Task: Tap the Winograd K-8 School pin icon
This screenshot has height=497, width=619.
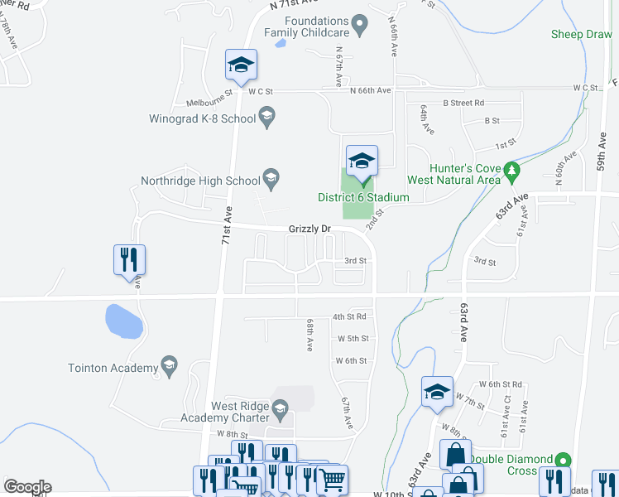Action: point(266,119)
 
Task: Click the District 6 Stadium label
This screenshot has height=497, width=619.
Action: point(363,197)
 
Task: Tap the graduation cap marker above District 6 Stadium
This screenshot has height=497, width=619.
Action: point(362,162)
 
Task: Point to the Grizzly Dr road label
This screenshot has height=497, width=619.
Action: point(309,229)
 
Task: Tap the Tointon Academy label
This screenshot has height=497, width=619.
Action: point(113,368)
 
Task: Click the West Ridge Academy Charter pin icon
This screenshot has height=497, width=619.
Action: point(280,408)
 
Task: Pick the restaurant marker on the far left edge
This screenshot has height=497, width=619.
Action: point(129,260)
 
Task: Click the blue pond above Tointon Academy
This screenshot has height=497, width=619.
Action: point(122,321)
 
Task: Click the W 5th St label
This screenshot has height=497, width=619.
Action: point(352,339)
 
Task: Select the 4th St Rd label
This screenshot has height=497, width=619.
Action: point(349,317)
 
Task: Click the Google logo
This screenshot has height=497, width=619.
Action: point(27,487)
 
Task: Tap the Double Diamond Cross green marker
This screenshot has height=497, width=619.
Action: point(563,459)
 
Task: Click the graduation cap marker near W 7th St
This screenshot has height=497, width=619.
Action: point(437,393)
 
